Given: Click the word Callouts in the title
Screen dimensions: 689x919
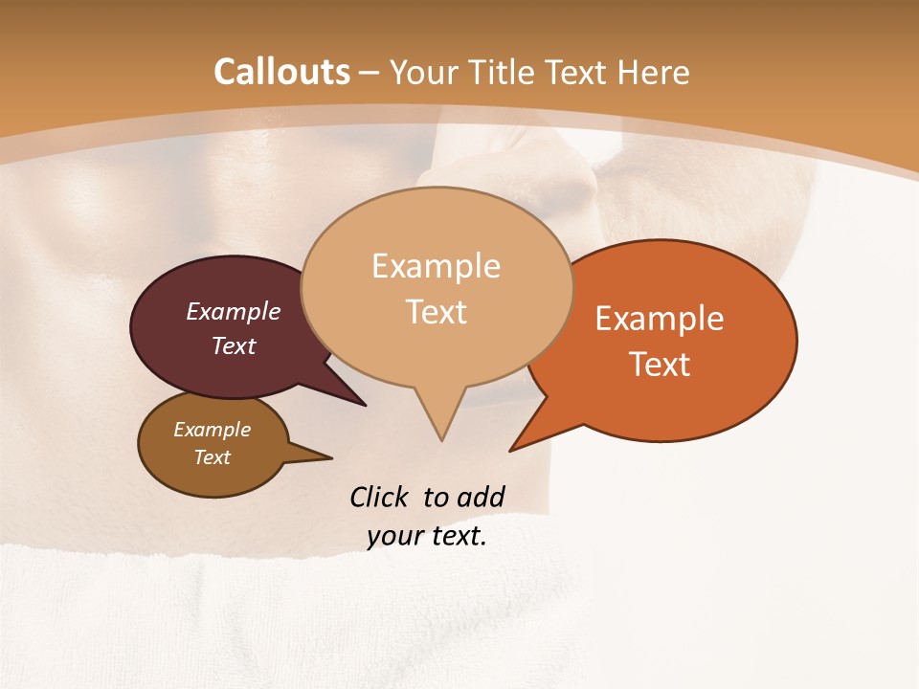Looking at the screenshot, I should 281,72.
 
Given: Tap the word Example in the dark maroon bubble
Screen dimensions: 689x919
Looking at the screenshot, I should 234,311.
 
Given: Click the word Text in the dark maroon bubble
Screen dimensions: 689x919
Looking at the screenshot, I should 234,345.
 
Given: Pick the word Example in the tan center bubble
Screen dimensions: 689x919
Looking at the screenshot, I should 437,266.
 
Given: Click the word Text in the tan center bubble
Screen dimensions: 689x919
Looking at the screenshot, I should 437,312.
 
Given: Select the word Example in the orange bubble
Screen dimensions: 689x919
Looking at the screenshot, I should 660,319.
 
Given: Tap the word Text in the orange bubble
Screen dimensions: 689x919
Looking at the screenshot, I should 660,365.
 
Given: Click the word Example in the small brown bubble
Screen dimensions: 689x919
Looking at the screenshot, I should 213,430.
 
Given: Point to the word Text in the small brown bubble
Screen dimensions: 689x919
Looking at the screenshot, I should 213,457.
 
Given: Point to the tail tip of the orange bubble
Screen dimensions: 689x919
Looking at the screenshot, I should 514,448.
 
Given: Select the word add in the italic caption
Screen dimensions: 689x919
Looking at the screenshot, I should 480,497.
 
